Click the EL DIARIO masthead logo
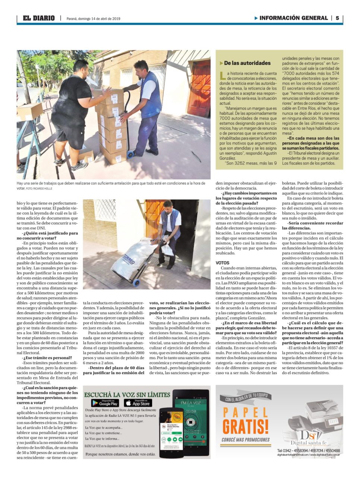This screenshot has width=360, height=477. click(x=38, y=18)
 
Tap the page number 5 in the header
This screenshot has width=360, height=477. click(x=337, y=18)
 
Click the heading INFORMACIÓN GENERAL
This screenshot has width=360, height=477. click(x=293, y=18)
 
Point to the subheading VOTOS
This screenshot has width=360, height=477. click(x=222, y=263)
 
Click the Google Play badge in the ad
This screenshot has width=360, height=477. click(x=105, y=403)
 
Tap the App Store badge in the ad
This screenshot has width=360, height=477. click(x=138, y=403)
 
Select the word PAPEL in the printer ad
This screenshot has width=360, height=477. click(x=245, y=412)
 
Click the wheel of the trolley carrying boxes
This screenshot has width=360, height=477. click(x=130, y=154)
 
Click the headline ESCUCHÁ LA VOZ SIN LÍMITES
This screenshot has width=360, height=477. click(x=127, y=395)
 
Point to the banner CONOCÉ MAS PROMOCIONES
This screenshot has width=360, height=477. click(x=245, y=440)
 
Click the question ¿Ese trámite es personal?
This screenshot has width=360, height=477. click(x=47, y=357)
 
